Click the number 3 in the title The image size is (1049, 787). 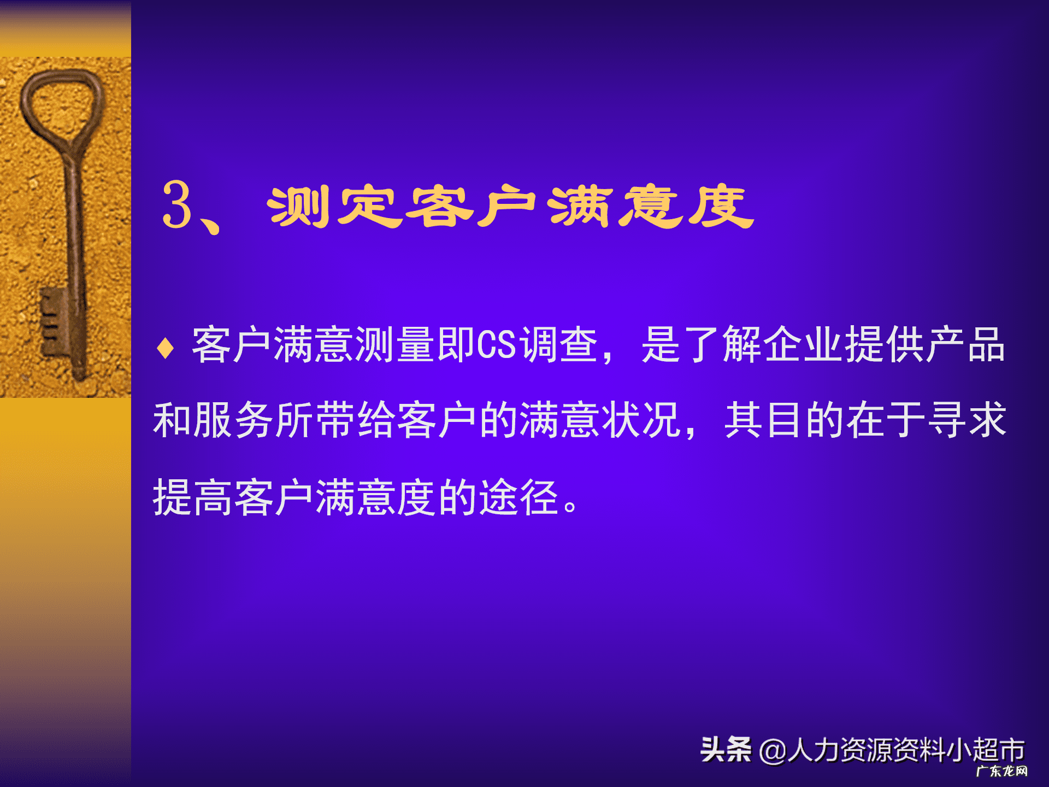(x=178, y=205)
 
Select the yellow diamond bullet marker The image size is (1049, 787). (x=165, y=348)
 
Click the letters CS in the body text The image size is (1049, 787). (x=496, y=345)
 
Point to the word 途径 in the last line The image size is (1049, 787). (x=518, y=497)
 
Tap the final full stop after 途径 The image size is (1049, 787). (x=570, y=506)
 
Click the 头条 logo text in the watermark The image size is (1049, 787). (x=726, y=749)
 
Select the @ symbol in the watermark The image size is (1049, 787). (x=772, y=751)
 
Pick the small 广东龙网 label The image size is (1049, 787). (x=1001, y=771)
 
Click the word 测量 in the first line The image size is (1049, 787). (x=396, y=345)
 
